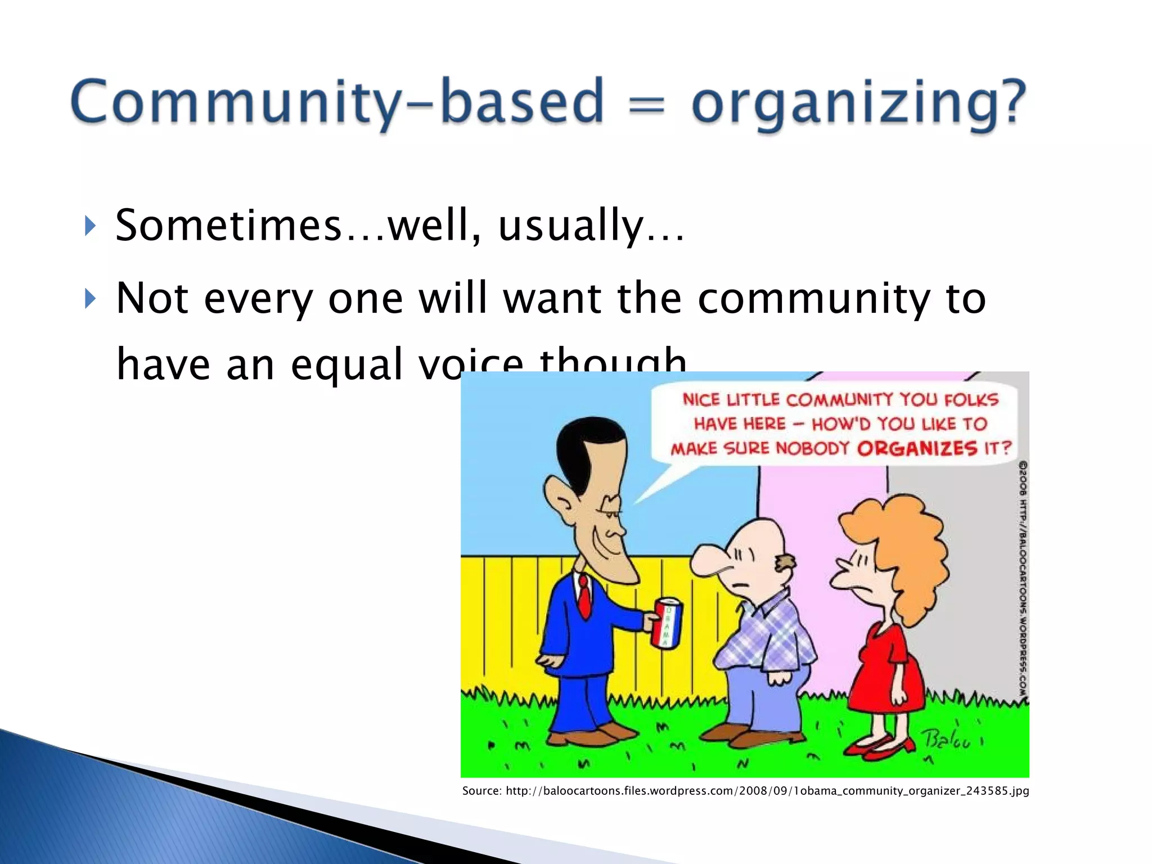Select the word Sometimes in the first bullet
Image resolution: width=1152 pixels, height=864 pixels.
[228, 226]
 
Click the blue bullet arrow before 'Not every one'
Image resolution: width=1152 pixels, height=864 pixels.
[90, 299]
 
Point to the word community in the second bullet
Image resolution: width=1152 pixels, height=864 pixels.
[813, 298]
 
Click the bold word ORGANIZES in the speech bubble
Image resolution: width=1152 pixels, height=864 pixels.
[917, 448]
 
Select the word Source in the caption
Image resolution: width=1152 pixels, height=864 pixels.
[481, 791]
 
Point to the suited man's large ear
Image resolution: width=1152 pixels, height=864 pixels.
[560, 495]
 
